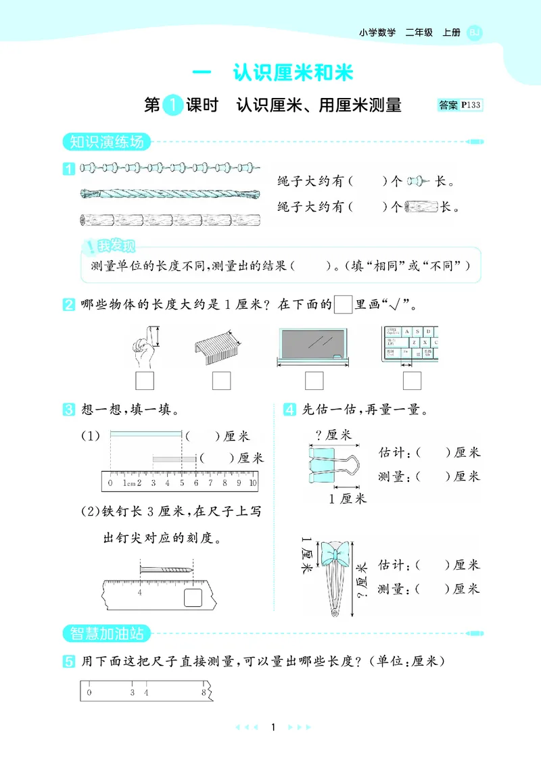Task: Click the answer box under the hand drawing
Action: (145, 381)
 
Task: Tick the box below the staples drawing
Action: (222, 381)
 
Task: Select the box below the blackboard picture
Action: (314, 381)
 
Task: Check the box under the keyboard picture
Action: (413, 381)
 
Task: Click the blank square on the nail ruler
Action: (193, 597)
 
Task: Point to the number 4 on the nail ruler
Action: (140, 593)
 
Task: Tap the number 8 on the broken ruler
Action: (203, 691)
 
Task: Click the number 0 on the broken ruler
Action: (90, 691)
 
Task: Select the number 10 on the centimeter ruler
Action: (252, 483)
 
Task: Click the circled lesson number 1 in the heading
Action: (174, 105)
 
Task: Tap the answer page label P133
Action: (470, 105)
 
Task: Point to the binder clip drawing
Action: (335, 466)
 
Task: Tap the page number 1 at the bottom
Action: (272, 727)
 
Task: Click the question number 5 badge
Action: (68, 662)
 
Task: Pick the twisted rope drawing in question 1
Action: (170, 193)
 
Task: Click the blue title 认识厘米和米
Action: (293, 73)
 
